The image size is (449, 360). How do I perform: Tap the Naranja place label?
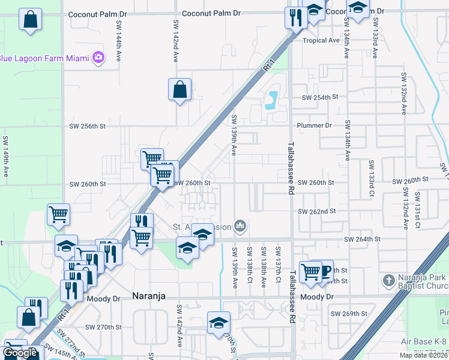pyautogui.click(x=148, y=296)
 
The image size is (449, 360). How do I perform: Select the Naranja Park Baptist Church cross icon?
pyautogui.click(x=389, y=280)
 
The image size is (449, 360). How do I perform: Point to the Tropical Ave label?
pyautogui.click(x=321, y=41)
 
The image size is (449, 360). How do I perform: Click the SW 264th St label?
pyautogui.click(x=363, y=239)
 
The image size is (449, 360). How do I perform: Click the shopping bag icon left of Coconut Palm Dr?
pyautogui.click(x=30, y=20)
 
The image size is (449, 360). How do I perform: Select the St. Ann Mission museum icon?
pyautogui.click(x=241, y=226)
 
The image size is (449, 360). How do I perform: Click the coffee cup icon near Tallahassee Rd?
pyautogui.click(x=324, y=270)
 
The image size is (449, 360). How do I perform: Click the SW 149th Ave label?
pyautogui.click(x=5, y=150)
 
